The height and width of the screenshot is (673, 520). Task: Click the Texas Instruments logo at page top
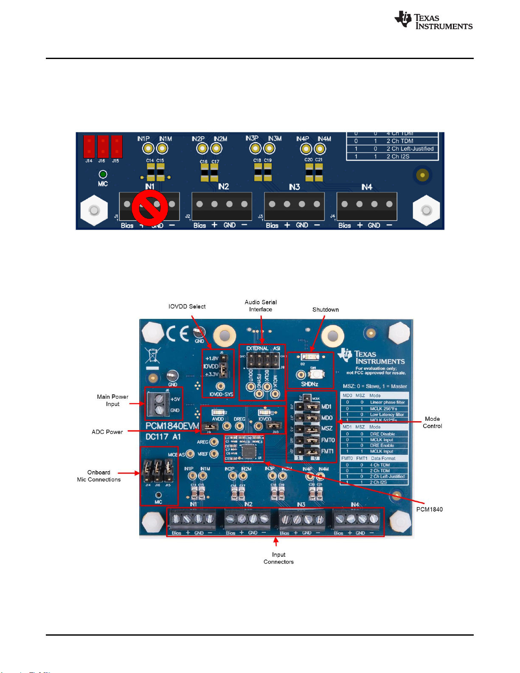pyautogui.click(x=433, y=21)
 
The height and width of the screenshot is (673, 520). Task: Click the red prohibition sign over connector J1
pyautogui.click(x=149, y=208)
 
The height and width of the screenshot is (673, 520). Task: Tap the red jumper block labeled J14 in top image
pyautogui.click(x=89, y=146)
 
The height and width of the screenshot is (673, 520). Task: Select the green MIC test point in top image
pyautogui.click(x=103, y=175)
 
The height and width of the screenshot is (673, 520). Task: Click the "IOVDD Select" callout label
pyautogui.click(x=187, y=307)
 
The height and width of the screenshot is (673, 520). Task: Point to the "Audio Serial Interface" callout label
pyautogui.click(x=261, y=306)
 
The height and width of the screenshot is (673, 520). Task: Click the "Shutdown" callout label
pyautogui.click(x=326, y=310)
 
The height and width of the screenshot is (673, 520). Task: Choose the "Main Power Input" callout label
pyautogui.click(x=112, y=400)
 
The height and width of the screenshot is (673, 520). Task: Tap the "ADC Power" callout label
pyautogui.click(x=107, y=432)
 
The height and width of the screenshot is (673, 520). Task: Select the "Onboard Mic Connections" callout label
pyautogui.click(x=99, y=476)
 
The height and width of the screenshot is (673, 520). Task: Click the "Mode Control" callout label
pyautogui.click(x=432, y=422)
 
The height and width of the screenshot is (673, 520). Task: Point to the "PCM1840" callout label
pyautogui.click(x=429, y=510)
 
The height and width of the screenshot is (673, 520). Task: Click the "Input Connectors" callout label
pyautogui.click(x=278, y=558)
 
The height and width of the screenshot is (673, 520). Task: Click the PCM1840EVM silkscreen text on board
pyautogui.click(x=172, y=426)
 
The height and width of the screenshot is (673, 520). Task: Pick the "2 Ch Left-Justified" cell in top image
pyautogui.click(x=410, y=149)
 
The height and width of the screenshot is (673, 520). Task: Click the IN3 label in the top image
pyautogui.click(x=294, y=187)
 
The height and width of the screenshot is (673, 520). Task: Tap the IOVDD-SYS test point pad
pyautogui.click(x=220, y=386)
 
